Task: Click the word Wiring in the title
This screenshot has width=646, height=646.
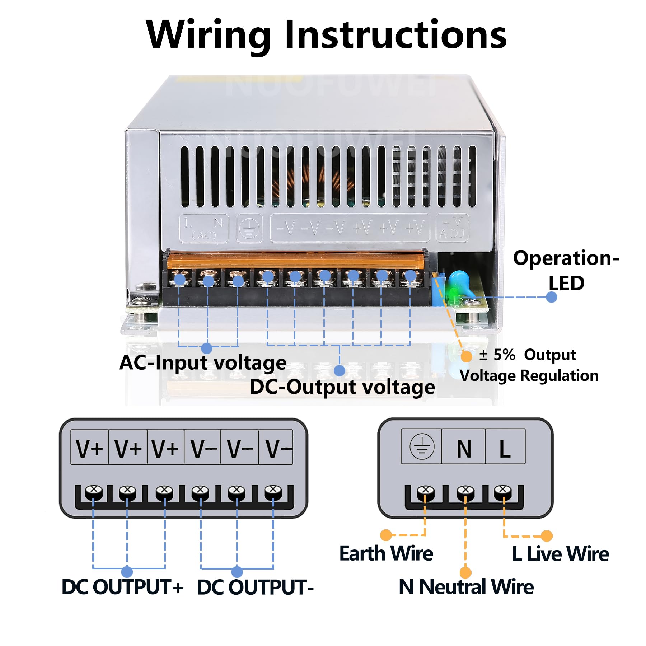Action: tap(208, 35)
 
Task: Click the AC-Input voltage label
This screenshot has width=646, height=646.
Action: tap(203, 362)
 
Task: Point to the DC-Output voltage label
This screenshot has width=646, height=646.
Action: tap(342, 387)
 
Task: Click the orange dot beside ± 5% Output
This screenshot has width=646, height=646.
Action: tap(466, 356)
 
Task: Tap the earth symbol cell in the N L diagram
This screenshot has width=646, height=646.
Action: tap(422, 447)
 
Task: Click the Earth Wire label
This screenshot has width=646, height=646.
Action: tap(386, 553)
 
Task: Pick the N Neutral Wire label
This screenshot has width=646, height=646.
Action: tap(466, 587)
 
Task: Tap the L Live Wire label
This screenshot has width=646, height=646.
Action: tap(560, 554)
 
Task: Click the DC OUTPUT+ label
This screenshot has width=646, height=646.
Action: tap(123, 587)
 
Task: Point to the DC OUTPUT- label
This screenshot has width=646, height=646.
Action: tap(255, 588)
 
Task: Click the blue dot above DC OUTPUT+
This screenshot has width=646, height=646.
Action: tap(127, 572)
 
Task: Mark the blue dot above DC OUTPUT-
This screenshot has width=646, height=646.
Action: tap(237, 572)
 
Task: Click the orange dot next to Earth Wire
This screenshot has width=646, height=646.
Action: tap(386, 535)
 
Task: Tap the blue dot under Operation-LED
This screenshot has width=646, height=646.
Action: tap(552, 297)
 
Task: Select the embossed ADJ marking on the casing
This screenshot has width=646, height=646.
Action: tap(452, 228)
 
